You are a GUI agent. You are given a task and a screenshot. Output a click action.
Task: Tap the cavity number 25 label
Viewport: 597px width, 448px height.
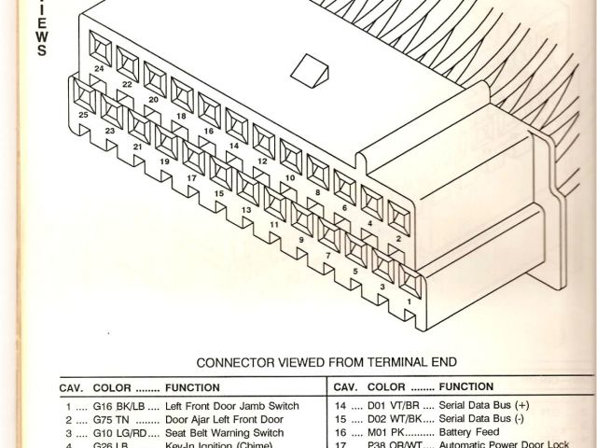84,115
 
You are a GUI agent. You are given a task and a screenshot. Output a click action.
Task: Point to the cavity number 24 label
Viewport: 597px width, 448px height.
99,68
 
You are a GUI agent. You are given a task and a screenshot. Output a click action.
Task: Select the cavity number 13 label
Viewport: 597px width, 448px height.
246,209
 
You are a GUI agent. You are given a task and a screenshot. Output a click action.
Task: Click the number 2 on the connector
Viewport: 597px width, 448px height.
398,238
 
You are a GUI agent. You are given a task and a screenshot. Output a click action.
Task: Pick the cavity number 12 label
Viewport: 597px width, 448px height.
262,161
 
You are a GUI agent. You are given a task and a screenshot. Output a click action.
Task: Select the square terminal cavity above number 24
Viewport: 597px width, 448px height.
101,44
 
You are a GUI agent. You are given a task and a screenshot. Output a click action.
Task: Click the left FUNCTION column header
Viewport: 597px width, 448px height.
192,387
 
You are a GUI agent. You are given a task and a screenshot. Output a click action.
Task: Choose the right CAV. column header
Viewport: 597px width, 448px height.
345,386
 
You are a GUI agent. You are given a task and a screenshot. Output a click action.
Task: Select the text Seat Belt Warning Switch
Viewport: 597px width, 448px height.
224,433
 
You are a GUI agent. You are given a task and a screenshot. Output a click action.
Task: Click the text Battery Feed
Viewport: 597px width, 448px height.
470,433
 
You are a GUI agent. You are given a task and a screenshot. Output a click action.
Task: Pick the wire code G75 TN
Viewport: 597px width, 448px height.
111,420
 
